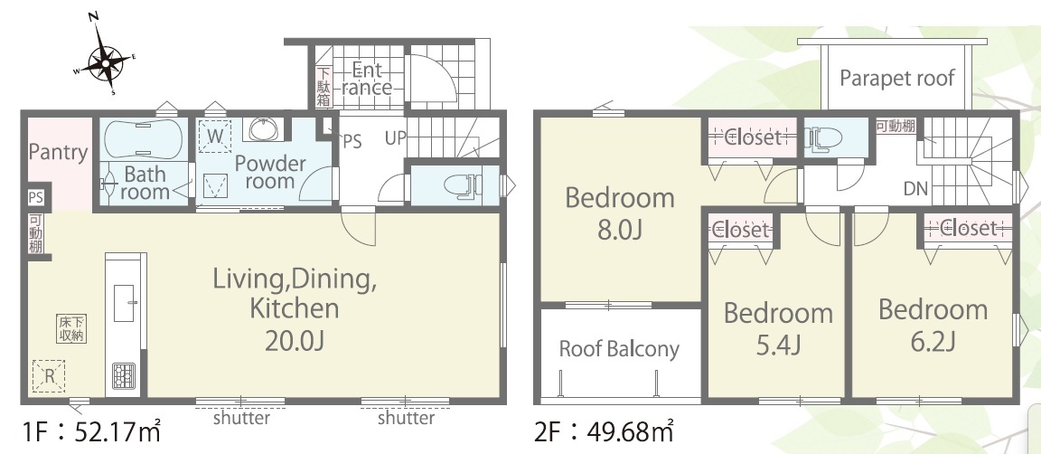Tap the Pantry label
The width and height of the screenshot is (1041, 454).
[58, 153]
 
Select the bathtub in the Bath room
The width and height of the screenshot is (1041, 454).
[144, 138]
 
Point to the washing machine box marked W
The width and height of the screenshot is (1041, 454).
[215, 137]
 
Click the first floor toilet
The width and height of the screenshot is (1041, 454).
[462, 184]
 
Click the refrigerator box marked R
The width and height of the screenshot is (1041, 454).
[49, 376]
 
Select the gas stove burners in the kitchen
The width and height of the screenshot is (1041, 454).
[124, 377]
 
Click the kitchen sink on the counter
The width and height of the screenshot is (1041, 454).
[125, 303]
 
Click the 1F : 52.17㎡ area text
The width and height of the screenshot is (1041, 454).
[91, 432]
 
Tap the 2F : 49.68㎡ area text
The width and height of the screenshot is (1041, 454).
[604, 432]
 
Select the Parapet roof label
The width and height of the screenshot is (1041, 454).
[897, 78]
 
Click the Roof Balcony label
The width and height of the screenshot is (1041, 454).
[619, 350]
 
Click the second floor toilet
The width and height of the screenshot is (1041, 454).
[824, 137]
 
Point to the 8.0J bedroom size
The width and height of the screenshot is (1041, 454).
[619, 230]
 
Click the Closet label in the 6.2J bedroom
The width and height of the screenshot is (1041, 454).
[969, 228]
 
